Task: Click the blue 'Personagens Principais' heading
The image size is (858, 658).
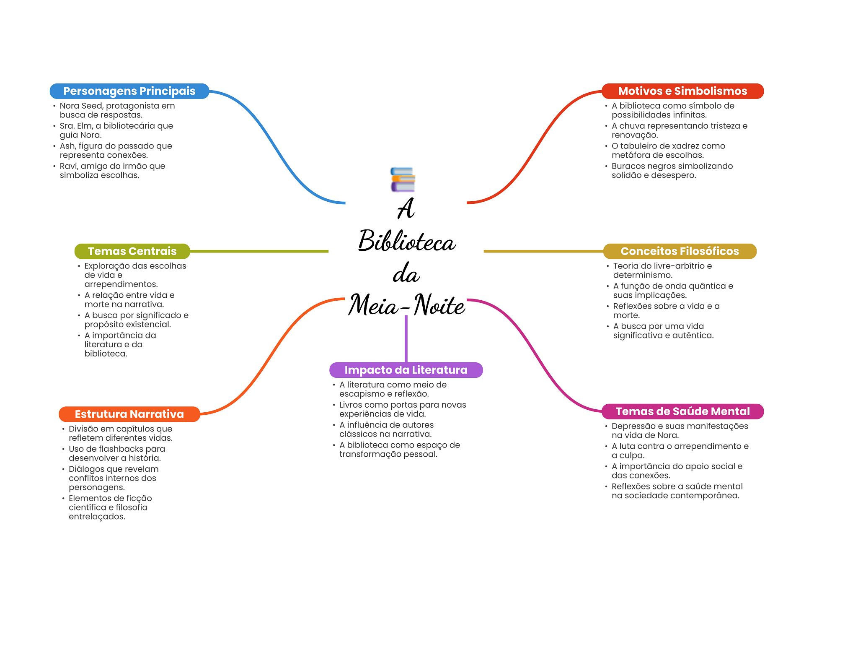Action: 129,91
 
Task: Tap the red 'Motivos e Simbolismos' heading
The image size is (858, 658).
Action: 682,91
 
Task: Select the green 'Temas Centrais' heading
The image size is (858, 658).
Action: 132,251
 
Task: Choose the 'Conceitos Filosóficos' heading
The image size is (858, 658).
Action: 680,251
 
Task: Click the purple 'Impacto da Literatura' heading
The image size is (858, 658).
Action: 406,370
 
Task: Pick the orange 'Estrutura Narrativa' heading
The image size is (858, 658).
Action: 129,414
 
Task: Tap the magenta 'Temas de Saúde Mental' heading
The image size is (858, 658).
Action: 682,411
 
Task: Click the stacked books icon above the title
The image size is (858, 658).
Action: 403,179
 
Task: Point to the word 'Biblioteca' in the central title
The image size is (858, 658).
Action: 406,241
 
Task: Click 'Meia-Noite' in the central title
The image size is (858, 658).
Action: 406,305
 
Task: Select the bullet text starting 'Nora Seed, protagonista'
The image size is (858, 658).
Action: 117,110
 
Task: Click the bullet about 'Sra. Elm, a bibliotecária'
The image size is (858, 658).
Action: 116,130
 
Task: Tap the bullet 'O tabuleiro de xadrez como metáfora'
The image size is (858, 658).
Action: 668,151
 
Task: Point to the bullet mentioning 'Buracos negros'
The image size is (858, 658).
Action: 672,171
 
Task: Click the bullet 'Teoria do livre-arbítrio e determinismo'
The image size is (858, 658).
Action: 662,270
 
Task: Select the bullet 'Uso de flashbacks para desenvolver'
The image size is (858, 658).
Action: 116,453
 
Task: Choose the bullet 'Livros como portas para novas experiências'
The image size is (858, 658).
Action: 402,409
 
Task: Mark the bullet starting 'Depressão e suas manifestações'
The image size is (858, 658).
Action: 680,431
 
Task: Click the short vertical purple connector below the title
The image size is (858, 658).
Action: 406,339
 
